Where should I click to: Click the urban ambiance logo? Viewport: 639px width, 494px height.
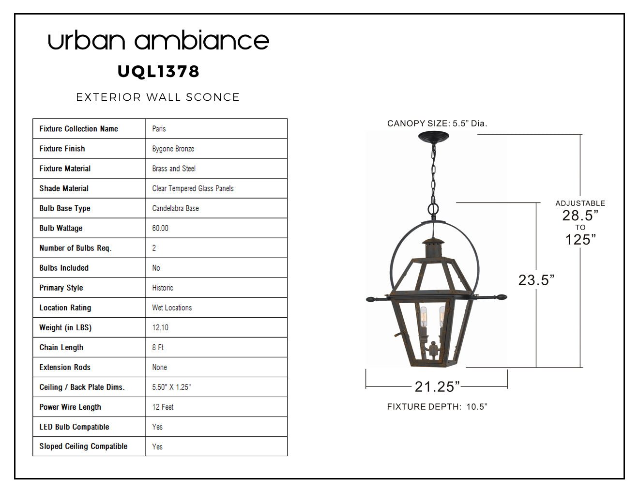pos(158,40)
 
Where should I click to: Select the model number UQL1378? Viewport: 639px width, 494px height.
pos(158,72)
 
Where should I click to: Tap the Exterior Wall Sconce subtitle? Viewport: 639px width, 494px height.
pos(158,97)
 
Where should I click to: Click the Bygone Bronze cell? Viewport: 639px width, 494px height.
pos(173,149)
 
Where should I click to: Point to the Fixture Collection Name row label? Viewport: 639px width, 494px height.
pos(78,128)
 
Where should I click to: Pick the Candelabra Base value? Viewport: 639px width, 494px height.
pos(176,208)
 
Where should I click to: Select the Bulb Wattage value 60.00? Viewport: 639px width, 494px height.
pos(160,228)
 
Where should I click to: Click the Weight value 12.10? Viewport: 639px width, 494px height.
pos(160,327)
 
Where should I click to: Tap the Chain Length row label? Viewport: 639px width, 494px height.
pos(61,347)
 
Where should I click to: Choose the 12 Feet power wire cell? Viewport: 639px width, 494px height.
pos(163,407)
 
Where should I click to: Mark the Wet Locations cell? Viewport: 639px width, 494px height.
pos(172,308)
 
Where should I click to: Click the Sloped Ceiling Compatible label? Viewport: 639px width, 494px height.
pos(83,447)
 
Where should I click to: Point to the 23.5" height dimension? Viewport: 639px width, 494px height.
pos(536,280)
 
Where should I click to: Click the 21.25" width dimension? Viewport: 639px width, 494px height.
pos(437,386)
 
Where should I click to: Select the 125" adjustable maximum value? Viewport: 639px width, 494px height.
pos(580,240)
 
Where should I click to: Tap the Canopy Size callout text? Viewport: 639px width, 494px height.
pos(437,123)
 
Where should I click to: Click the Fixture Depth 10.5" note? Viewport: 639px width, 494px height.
pos(437,407)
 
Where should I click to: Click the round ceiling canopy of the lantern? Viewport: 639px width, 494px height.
pos(434,136)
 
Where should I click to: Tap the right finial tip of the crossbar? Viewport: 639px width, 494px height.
pos(506,297)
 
